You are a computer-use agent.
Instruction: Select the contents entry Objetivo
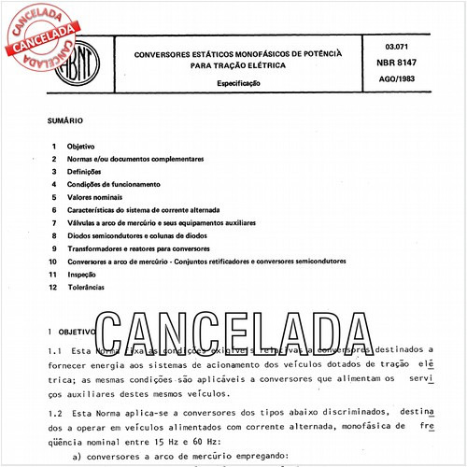pyautogui.click(x=91, y=147)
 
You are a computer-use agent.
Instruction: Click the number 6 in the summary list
pyautogui.click(x=56, y=211)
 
